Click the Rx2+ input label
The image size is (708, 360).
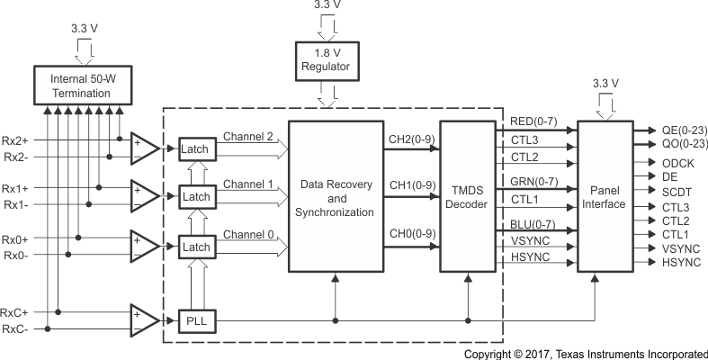(x=15, y=139)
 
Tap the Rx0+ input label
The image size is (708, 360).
(x=15, y=239)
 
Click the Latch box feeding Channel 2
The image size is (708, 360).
(x=196, y=148)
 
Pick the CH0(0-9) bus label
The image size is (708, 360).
(x=412, y=235)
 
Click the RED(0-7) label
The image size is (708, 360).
(x=533, y=121)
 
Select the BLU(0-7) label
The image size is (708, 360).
(x=533, y=223)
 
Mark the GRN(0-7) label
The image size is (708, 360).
(x=533, y=182)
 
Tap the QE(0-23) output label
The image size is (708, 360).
(x=685, y=130)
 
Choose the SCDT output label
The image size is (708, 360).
(x=677, y=192)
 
